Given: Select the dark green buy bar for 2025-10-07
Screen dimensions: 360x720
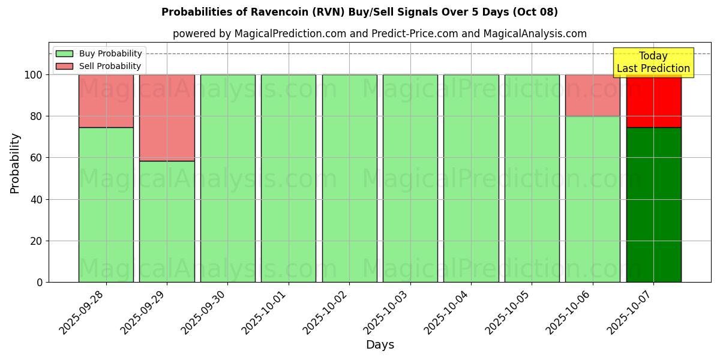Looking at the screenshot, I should pyautogui.click(x=653, y=205).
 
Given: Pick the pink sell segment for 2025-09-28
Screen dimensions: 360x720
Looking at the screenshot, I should pyautogui.click(x=106, y=101).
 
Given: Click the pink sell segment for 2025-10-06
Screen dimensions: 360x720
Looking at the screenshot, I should pyautogui.click(x=592, y=95).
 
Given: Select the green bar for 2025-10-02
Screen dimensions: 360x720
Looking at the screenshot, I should pyautogui.click(x=349, y=178).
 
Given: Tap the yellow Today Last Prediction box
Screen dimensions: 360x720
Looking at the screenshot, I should pyautogui.click(x=653, y=62).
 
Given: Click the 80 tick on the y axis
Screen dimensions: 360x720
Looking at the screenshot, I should pyautogui.click(x=37, y=116).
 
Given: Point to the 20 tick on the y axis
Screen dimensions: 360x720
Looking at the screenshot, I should pyautogui.click(x=37, y=241).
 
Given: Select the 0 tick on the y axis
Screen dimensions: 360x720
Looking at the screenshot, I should pyautogui.click(x=40, y=283).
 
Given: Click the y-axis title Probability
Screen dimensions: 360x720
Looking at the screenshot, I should pyautogui.click(x=15, y=163).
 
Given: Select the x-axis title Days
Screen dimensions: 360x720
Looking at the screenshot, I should pyautogui.click(x=380, y=345).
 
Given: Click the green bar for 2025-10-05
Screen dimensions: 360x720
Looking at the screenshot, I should pyautogui.click(x=532, y=178).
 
